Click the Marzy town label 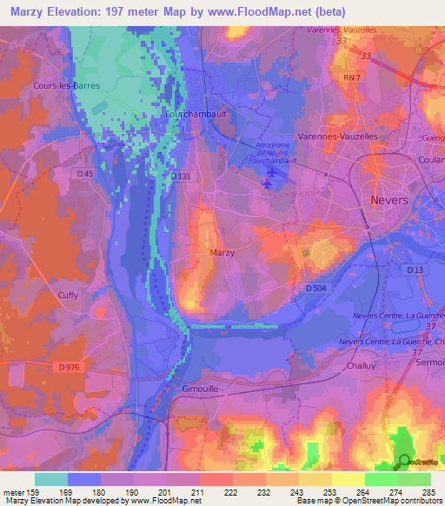tap(222, 252)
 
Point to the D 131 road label tap(180, 176)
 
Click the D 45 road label tap(84, 174)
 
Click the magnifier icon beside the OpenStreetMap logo tap(404, 462)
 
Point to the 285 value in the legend tap(428, 491)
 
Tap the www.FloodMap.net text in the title tap(267, 12)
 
